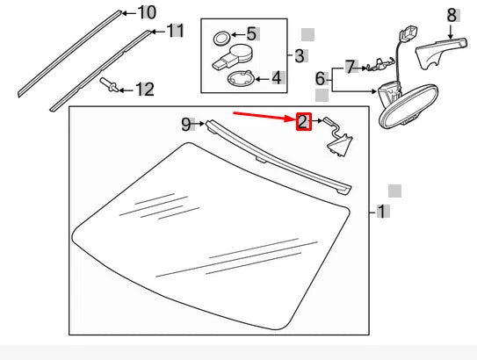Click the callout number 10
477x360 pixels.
pos(147,12)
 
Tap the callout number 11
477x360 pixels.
pos(176,32)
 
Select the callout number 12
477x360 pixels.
pos(143,89)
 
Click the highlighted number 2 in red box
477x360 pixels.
pos(303,121)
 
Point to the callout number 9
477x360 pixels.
pos(186,124)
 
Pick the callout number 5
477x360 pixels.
pos(251,34)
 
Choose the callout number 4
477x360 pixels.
pos(276,77)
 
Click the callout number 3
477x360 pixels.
pos(300,56)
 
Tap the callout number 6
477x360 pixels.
pos(321,79)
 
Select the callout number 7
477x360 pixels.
pos(351,66)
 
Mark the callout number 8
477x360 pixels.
pos(452,14)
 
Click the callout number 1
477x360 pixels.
pos(381,212)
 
